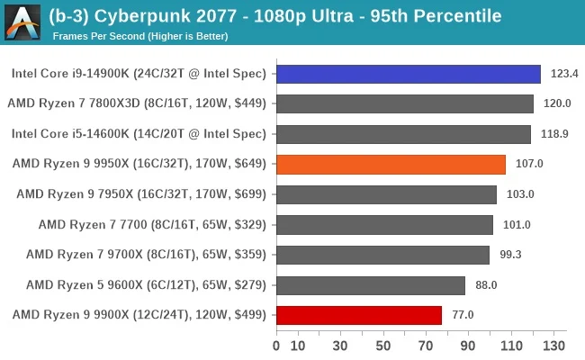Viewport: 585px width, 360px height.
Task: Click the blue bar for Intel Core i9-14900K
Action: point(408,74)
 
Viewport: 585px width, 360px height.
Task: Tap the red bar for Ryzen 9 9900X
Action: point(358,315)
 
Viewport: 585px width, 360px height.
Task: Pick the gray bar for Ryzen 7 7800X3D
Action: point(404,103)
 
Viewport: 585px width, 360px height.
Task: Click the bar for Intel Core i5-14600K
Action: point(403,134)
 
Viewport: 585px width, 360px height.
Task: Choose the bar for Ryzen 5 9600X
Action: point(370,285)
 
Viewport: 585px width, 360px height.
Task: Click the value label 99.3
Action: point(510,255)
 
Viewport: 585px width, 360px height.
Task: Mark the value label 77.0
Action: point(463,315)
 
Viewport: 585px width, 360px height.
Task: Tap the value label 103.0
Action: point(517,194)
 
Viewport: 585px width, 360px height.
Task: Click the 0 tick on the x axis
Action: point(276,346)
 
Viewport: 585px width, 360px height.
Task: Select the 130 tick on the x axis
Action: point(553,346)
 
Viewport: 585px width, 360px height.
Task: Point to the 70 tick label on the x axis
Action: point(426,346)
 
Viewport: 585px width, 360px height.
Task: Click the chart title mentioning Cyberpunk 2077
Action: point(275,16)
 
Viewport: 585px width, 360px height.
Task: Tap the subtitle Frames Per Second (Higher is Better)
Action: point(139,36)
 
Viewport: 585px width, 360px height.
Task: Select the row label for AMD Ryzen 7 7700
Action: point(152,224)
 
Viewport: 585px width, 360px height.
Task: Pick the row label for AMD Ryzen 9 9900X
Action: point(139,315)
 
